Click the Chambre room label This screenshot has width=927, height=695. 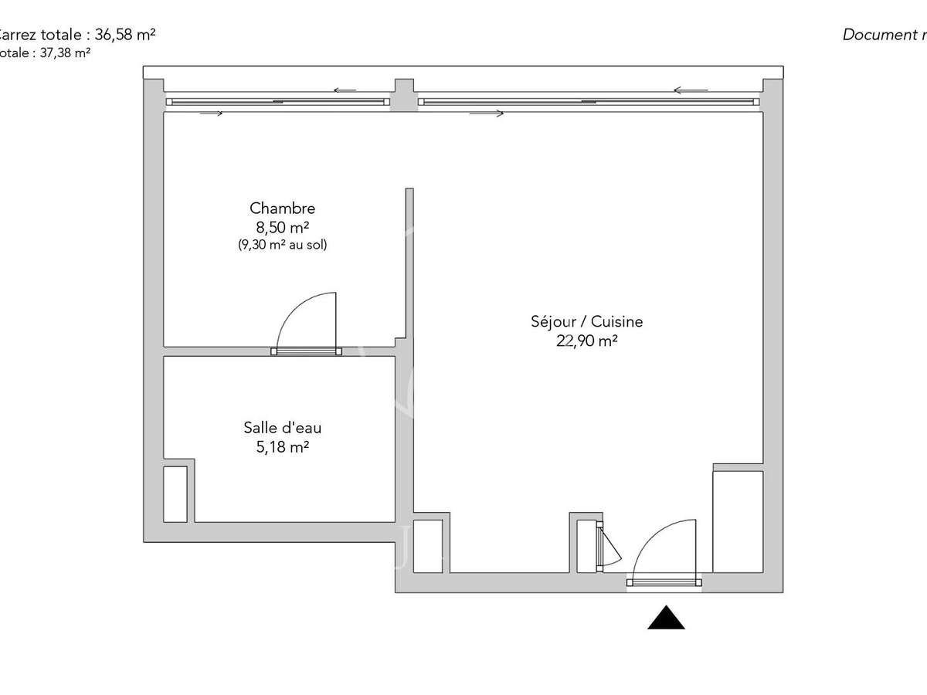click(x=282, y=208)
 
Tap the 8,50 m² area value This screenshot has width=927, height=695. click(x=282, y=228)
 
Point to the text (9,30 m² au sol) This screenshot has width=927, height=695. click(x=282, y=246)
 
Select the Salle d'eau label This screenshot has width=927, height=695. click(x=282, y=428)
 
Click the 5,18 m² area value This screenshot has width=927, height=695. click(x=282, y=446)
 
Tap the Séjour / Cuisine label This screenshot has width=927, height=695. click(x=587, y=322)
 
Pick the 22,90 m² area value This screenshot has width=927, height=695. click(x=587, y=341)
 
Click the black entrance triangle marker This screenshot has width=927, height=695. click(x=666, y=618)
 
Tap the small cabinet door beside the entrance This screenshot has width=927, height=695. click(x=608, y=548)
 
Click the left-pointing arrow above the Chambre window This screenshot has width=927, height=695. click(x=345, y=90)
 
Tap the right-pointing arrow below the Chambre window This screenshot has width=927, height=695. click(x=211, y=114)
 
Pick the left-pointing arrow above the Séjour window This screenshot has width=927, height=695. click(x=685, y=90)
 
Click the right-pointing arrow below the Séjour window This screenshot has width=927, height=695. click(x=487, y=114)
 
